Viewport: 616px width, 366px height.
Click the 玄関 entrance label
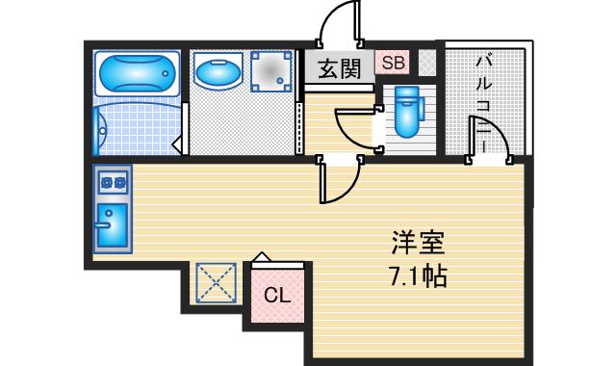click(x=340, y=68)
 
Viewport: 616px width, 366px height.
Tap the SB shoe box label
click(x=392, y=64)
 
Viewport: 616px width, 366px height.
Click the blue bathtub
click(x=138, y=72)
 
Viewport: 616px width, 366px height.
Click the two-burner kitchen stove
click(x=112, y=180)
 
